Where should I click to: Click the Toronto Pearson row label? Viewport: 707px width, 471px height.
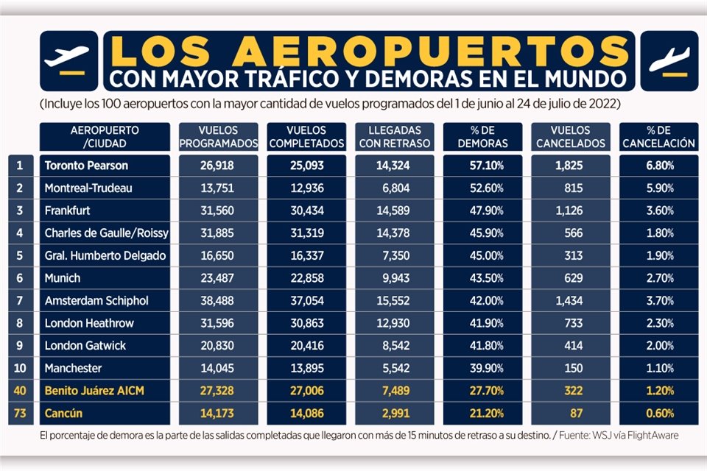(x=86, y=166)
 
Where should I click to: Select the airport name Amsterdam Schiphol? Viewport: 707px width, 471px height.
(x=96, y=300)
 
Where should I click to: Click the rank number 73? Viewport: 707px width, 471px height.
(x=21, y=413)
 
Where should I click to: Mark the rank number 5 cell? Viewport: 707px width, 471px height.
(x=21, y=255)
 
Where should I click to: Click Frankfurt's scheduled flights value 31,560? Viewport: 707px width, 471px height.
(x=218, y=210)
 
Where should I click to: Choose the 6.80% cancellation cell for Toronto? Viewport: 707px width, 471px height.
(x=659, y=166)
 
